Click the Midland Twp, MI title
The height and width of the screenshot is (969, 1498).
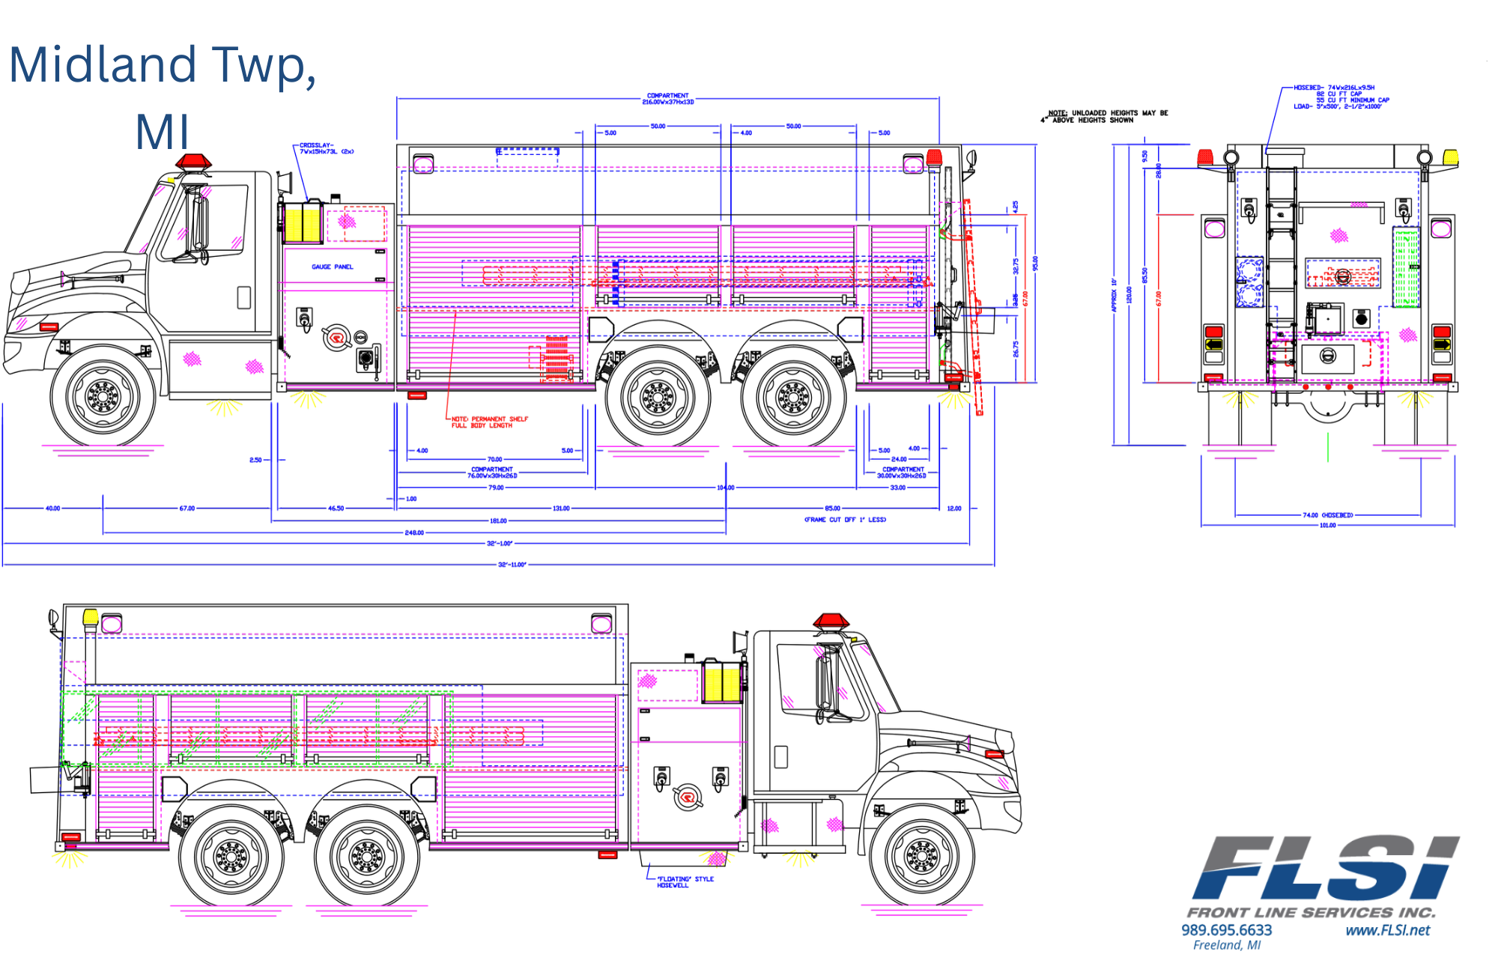click(x=163, y=97)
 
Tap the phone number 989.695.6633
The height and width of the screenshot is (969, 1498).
click(x=1226, y=930)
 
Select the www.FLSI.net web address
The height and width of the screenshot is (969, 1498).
click(x=1387, y=930)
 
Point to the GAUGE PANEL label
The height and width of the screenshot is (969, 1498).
click(x=332, y=267)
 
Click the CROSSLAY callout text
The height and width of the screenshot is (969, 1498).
click(x=327, y=148)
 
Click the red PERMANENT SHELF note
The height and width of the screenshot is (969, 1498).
click(x=490, y=422)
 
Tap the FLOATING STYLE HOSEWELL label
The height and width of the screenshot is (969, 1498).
click(x=685, y=882)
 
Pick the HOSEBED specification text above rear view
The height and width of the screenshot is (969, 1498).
click(x=1341, y=97)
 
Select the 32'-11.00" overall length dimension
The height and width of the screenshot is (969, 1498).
click(x=512, y=565)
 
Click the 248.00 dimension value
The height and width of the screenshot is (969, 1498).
click(x=414, y=532)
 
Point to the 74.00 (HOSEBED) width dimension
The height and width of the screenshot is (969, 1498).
click(x=1327, y=515)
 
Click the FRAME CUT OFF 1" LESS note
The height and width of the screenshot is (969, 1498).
click(x=845, y=519)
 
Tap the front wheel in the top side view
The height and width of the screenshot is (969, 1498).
click(x=103, y=395)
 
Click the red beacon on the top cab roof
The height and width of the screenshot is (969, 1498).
click(x=194, y=162)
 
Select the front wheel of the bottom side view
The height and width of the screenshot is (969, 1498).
click(x=922, y=854)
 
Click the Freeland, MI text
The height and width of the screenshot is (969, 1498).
click(x=1226, y=946)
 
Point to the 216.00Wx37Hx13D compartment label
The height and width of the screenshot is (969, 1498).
click(x=667, y=99)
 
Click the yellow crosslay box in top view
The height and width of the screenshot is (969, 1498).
click(x=303, y=222)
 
